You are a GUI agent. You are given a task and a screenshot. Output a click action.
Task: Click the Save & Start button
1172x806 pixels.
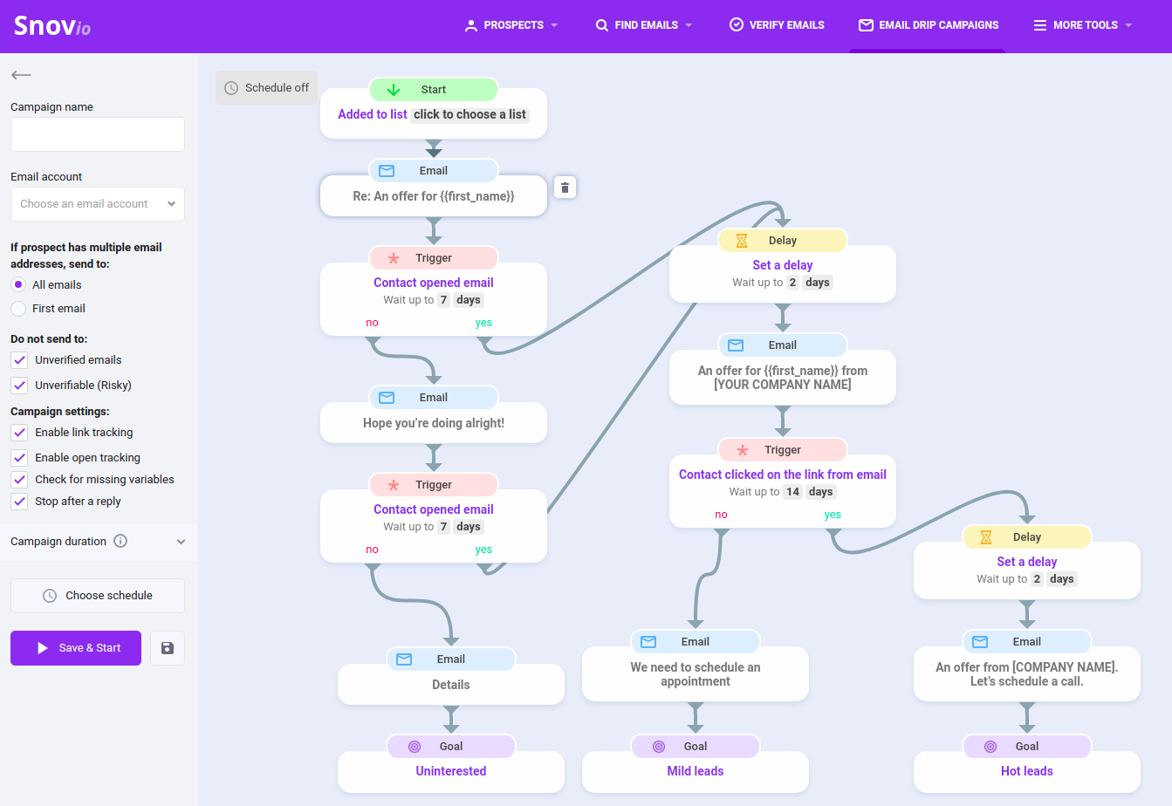click(x=76, y=647)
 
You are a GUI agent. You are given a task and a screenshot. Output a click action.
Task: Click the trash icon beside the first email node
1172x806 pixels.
click(x=565, y=188)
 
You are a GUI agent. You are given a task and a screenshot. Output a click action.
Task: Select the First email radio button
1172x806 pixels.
click(x=18, y=309)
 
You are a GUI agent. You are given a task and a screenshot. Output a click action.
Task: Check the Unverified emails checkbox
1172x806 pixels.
click(x=19, y=360)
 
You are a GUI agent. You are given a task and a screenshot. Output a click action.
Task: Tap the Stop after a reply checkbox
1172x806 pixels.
click(x=19, y=501)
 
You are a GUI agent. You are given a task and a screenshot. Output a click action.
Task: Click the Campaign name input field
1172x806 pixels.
click(x=98, y=134)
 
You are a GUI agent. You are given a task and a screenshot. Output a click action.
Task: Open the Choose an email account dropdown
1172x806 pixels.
click(x=98, y=204)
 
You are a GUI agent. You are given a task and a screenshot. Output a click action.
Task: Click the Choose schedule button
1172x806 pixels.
click(x=98, y=595)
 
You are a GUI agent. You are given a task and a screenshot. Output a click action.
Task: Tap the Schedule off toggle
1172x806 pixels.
click(x=266, y=87)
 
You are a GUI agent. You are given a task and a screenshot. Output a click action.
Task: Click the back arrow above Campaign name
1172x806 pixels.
click(x=22, y=75)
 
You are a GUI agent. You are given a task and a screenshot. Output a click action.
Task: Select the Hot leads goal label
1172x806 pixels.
click(x=1026, y=771)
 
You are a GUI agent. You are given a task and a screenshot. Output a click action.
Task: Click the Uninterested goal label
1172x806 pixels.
click(x=451, y=771)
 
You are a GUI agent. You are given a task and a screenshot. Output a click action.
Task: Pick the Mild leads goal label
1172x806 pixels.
click(x=696, y=771)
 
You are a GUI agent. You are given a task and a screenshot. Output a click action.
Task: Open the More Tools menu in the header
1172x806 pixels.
click(x=1082, y=25)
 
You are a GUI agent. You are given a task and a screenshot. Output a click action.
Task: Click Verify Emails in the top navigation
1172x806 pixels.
click(x=777, y=25)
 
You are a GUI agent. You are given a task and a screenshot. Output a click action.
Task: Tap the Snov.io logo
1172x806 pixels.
click(x=52, y=25)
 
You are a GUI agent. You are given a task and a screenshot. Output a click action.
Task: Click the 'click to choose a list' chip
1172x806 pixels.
click(x=469, y=114)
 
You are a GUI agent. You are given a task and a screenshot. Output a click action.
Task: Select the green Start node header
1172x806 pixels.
click(x=433, y=90)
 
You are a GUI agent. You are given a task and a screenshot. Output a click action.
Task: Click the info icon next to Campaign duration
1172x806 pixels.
click(x=120, y=541)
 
